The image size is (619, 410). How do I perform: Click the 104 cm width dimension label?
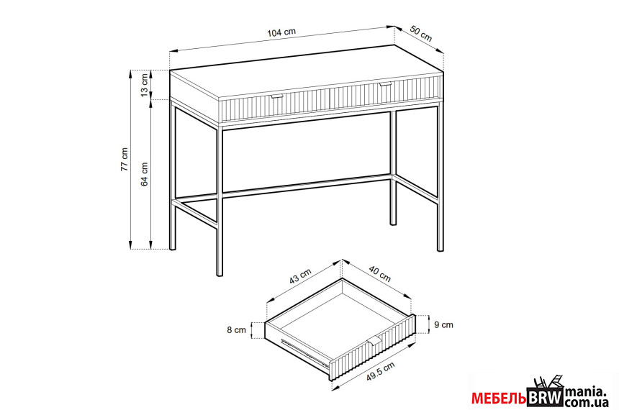(x=281, y=32)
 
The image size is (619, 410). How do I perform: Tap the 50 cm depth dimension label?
(x=421, y=34)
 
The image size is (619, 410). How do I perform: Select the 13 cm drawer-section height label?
(x=145, y=84)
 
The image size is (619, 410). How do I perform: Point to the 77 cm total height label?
(x=125, y=159)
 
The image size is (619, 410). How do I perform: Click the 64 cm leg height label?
(x=145, y=174)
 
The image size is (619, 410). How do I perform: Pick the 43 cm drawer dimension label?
(x=300, y=275)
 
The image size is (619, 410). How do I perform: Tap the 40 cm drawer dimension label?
(x=380, y=273)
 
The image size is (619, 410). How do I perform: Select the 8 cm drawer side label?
(x=237, y=330)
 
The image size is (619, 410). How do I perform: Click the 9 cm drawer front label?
(x=443, y=325)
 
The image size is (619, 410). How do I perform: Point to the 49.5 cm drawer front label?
(x=380, y=371)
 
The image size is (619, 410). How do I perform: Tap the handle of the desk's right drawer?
(x=385, y=84)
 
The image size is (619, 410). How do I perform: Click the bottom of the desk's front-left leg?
(x=220, y=274)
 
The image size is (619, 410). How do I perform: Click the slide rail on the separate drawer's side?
(x=304, y=352)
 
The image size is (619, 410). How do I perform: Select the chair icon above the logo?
(x=548, y=382)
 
